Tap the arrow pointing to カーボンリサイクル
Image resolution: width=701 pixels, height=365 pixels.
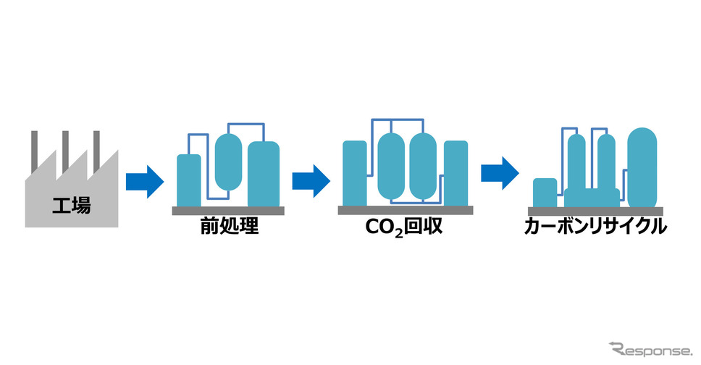(500, 174)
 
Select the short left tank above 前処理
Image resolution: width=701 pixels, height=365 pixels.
(189, 180)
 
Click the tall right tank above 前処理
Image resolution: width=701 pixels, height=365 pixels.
(264, 174)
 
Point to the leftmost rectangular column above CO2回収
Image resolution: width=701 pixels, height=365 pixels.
(354, 173)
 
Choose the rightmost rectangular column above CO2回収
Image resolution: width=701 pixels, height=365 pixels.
(456, 173)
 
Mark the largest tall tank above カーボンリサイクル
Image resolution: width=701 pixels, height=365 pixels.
(642, 167)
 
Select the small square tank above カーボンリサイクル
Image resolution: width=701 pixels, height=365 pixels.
(545, 193)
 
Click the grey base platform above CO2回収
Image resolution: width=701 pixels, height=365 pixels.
(406, 210)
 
